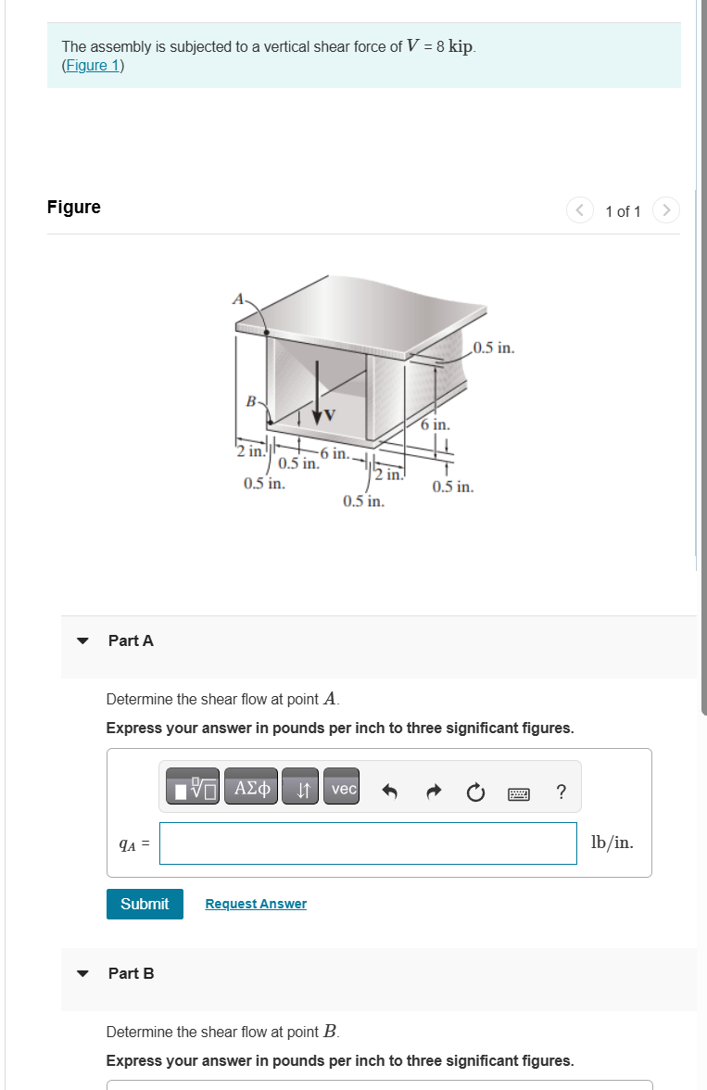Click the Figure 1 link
click(93, 66)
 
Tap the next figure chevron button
click(665, 210)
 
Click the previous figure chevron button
click(579, 210)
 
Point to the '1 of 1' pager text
click(623, 211)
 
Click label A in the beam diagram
click(238, 299)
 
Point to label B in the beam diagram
click(249, 401)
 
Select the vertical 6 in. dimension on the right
click(434, 425)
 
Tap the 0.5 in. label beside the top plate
click(492, 349)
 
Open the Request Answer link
click(256, 904)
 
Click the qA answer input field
click(368, 843)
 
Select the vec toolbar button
click(344, 789)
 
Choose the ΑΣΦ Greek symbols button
click(252, 789)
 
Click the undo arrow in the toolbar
click(390, 791)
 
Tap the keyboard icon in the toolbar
click(518, 792)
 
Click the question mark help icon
click(561, 791)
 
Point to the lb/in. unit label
click(612, 843)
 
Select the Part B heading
click(131, 973)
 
